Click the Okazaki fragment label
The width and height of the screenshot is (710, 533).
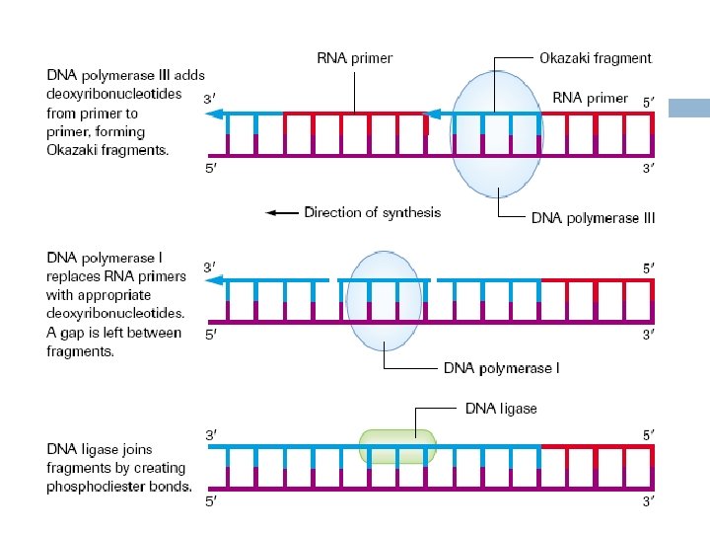point(596,58)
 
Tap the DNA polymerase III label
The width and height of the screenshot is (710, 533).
point(594,218)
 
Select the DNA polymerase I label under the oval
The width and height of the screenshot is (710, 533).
point(501,368)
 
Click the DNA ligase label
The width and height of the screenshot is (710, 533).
point(501,409)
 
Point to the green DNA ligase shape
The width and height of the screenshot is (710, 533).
point(397,446)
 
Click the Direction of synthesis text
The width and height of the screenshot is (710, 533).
point(372,212)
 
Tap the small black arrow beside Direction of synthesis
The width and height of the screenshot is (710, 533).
point(282,212)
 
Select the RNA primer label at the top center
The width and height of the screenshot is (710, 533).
point(355,58)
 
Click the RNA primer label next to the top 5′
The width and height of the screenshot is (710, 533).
point(590,99)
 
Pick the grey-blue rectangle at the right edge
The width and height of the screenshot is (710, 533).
point(689,108)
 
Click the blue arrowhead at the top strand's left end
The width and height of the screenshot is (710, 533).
point(215,114)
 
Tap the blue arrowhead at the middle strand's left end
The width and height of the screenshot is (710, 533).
point(215,280)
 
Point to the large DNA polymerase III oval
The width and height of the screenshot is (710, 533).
point(497,134)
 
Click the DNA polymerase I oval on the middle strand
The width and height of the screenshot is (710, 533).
point(384,301)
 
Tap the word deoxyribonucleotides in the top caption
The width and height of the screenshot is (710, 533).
point(114,94)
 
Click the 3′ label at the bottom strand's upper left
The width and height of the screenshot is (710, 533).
point(211,435)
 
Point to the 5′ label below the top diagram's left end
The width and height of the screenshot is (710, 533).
point(211,169)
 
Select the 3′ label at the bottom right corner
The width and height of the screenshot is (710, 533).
point(649,501)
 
